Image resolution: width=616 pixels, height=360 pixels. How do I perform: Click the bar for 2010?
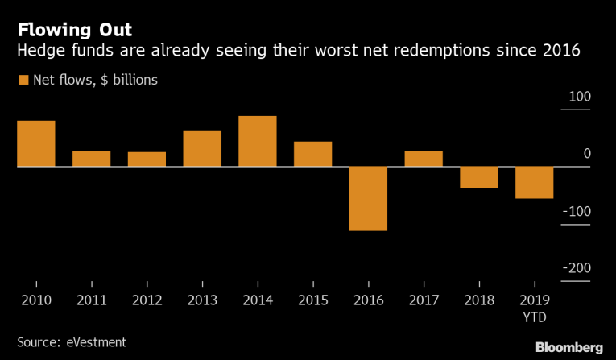(36, 143)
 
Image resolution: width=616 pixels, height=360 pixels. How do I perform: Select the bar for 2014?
(258, 141)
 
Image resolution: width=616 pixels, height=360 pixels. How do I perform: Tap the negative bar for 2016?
(368, 198)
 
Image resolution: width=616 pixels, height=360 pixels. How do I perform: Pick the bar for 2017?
(424, 159)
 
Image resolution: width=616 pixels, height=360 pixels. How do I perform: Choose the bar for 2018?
(479, 177)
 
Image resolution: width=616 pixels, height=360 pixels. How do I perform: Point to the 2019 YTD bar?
(535, 182)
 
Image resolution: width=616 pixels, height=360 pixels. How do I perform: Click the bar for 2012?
(147, 159)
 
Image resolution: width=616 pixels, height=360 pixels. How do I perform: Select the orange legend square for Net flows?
(23, 80)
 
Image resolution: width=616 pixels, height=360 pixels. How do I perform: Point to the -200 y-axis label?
(577, 269)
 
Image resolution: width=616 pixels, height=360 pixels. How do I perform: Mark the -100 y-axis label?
(577, 212)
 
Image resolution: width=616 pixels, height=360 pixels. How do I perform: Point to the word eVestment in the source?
(95, 342)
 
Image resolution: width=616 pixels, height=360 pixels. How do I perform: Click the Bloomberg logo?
(569, 346)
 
